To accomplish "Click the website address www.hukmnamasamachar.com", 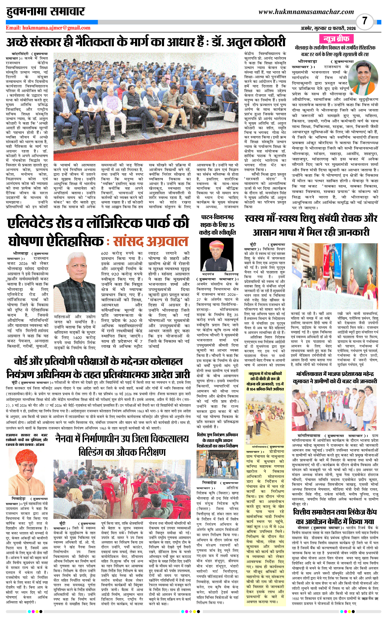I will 306,12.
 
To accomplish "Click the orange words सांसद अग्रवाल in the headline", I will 151,241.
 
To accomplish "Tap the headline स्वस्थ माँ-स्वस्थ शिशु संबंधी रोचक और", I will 311,218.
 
